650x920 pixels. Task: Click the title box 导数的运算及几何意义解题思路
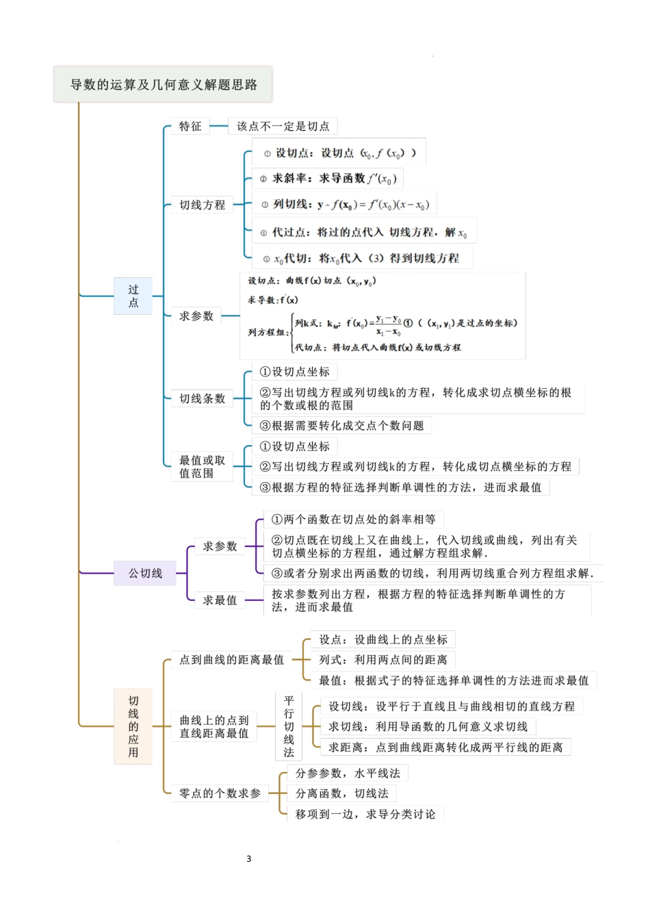coord(163,85)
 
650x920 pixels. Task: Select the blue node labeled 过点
coord(133,296)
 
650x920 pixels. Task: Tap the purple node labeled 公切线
coord(145,573)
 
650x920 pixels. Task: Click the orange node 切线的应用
coord(133,726)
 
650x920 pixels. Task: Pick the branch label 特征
coord(190,126)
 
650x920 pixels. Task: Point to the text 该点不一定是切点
coord(283,126)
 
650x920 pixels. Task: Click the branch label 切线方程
coord(202,205)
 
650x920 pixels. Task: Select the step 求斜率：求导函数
coord(328,179)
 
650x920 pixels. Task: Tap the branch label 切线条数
coord(202,398)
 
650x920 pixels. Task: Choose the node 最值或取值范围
coord(202,466)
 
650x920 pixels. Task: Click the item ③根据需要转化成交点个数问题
coord(341,426)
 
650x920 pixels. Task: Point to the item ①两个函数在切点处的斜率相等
coord(353,520)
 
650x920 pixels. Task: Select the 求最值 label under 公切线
coord(220,600)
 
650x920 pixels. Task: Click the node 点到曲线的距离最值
coord(231,660)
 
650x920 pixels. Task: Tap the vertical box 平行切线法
coord(289,726)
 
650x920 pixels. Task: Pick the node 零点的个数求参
coord(220,793)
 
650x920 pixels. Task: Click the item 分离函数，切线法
coord(341,793)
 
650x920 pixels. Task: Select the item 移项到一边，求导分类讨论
coord(365,814)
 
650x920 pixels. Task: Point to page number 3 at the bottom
coord(249,858)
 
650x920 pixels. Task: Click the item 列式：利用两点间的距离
coord(382,660)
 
